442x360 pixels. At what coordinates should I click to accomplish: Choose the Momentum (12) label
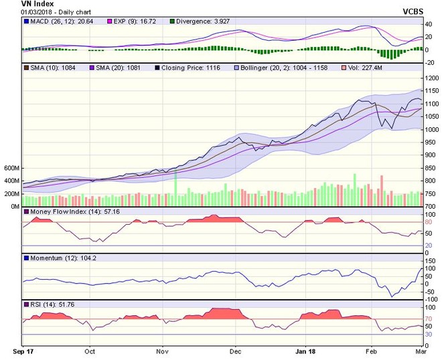(55, 258)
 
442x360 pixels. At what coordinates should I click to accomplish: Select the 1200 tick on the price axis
(431, 78)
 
